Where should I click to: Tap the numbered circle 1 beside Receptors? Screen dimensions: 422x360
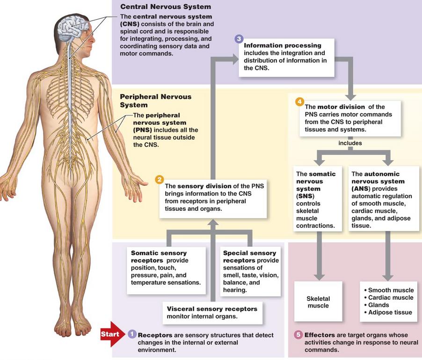[131, 334]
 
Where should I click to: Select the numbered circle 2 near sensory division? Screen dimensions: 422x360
[160, 180]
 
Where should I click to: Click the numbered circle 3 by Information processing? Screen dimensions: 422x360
[239, 39]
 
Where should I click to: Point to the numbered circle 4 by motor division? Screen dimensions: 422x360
[299, 102]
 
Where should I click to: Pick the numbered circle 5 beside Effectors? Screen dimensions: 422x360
[298, 335]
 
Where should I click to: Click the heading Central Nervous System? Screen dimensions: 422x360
[166, 7]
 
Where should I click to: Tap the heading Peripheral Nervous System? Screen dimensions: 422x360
[155, 101]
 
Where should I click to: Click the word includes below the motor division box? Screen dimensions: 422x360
[350, 143]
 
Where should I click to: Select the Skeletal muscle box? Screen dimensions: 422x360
[318, 302]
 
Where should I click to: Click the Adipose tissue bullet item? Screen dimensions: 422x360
[388, 312]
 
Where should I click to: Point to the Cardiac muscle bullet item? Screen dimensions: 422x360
[388, 298]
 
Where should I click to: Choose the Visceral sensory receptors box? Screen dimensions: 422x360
[212, 313]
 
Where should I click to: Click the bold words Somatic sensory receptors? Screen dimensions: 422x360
[159, 257]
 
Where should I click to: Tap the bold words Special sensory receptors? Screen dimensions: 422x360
[249, 257]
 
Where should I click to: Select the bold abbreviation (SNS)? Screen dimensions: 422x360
[305, 196]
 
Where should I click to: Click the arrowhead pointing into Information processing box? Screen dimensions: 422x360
[234, 59]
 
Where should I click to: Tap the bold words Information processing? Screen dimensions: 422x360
[283, 45]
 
